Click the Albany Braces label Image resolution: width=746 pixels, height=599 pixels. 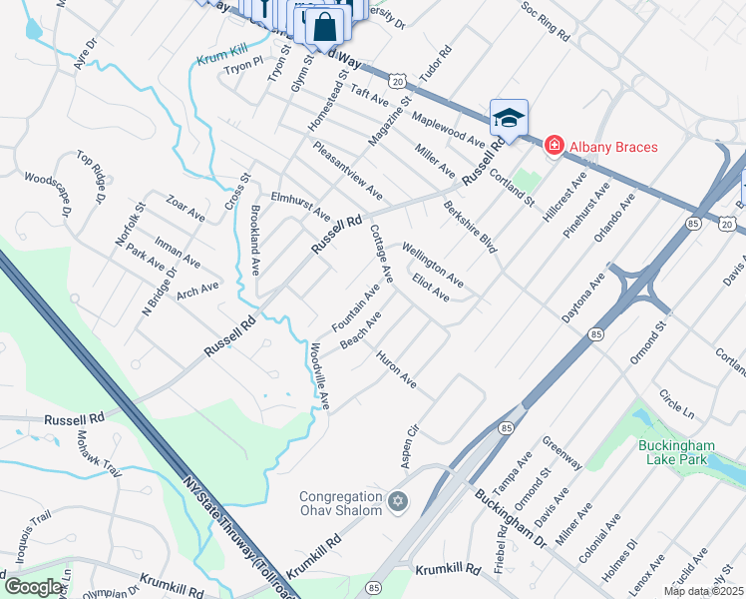[613, 147]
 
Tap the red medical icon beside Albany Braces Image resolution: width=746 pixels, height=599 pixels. [553, 147]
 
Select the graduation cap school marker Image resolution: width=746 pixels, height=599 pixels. [508, 119]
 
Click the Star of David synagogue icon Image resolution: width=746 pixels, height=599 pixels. [398, 501]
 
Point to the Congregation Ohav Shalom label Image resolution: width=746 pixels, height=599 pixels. [342, 503]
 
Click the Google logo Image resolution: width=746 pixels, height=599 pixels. [33, 586]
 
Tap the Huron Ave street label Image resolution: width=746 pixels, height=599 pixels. [396, 368]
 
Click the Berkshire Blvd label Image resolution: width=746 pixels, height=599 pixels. [470, 227]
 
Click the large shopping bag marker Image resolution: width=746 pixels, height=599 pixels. [324, 26]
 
